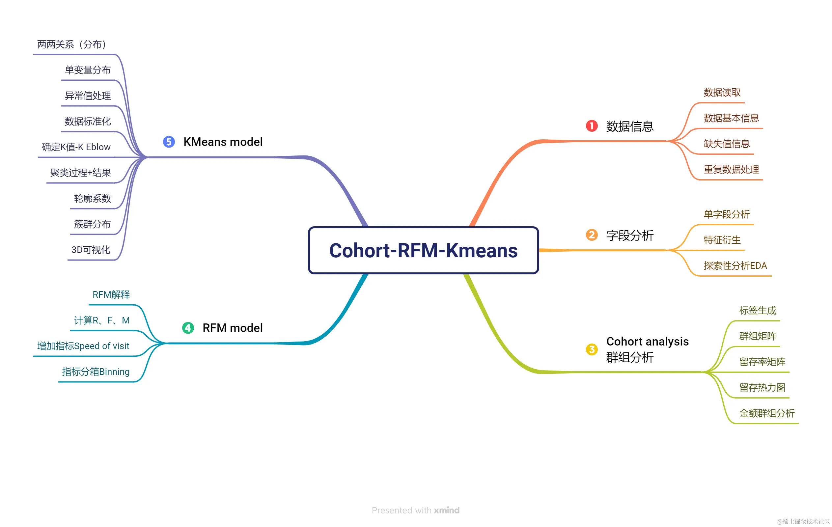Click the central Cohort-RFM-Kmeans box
click(423, 250)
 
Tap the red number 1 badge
click(592, 126)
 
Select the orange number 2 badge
click(592, 235)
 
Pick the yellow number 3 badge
click(592, 349)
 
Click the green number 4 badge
click(188, 328)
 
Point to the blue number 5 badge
click(169, 142)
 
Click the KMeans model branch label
click(223, 142)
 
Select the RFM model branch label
click(233, 328)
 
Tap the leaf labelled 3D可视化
click(91, 250)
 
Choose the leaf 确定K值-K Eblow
click(76, 147)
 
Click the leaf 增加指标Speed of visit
click(83, 346)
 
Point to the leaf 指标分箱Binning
click(96, 372)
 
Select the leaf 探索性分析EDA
click(735, 265)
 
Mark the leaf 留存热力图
click(762, 387)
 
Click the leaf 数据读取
click(722, 92)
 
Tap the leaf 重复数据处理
click(731, 169)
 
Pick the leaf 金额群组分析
click(767, 413)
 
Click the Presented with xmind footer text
click(415, 510)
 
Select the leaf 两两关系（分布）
click(72, 44)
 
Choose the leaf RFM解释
click(111, 294)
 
